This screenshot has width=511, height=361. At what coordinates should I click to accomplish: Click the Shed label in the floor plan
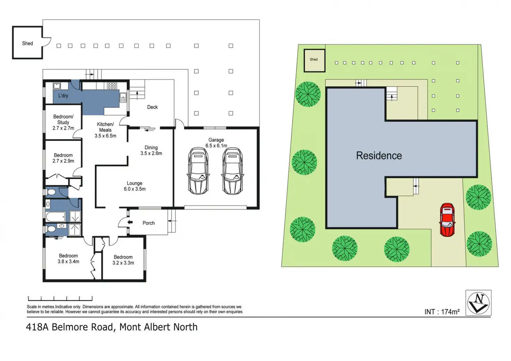[x=27, y=43]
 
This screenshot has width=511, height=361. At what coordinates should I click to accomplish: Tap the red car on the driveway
[x=447, y=220]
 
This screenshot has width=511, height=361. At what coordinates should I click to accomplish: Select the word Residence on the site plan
[x=379, y=156]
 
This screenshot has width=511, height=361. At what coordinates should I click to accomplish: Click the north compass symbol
[x=478, y=303]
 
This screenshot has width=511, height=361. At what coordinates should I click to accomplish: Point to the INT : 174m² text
[x=442, y=312]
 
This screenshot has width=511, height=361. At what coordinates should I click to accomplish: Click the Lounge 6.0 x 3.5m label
[x=135, y=186]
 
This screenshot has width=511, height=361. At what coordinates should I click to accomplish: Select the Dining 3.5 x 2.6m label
[x=151, y=150]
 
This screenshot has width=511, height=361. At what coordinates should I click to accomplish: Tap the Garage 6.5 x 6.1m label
[x=216, y=143]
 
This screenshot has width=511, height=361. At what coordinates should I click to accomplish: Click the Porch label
[x=149, y=223]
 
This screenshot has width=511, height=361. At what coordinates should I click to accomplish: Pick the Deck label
[x=152, y=107]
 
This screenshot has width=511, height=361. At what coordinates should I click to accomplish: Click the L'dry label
[x=63, y=95]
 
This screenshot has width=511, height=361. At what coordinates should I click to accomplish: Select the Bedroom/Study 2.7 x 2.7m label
[x=63, y=122]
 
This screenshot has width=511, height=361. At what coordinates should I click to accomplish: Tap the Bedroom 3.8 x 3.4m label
[x=68, y=259]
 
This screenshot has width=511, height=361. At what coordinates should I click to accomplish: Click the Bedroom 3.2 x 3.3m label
[x=123, y=260]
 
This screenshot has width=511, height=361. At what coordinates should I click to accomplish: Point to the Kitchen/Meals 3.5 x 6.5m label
[x=105, y=130]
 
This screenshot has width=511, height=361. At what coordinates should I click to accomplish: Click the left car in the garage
[x=198, y=171]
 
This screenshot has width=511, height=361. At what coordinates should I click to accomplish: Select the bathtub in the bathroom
[x=56, y=217]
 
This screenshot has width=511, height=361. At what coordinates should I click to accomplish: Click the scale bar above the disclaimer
[x=60, y=298]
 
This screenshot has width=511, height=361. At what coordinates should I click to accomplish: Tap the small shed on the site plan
[x=314, y=60]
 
